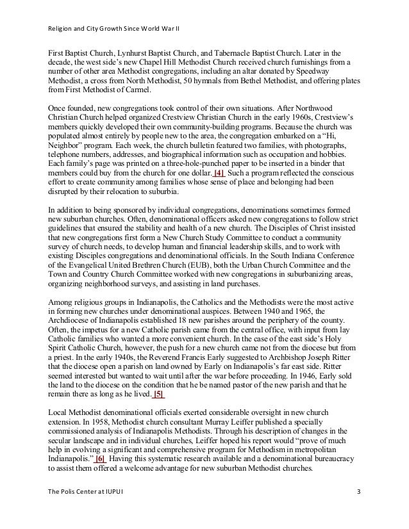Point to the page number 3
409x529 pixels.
(358, 510)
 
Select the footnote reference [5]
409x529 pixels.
(157, 393)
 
